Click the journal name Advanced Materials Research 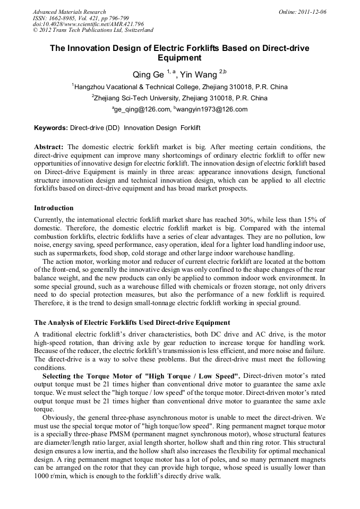(x=69, y=12)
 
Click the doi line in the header (x=88, y=24)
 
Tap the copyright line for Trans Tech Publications (x=93, y=30)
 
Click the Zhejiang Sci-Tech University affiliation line (x=181, y=98)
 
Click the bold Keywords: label (x=51, y=128)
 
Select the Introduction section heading (x=54, y=208)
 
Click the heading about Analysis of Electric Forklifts (x=132, y=322)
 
